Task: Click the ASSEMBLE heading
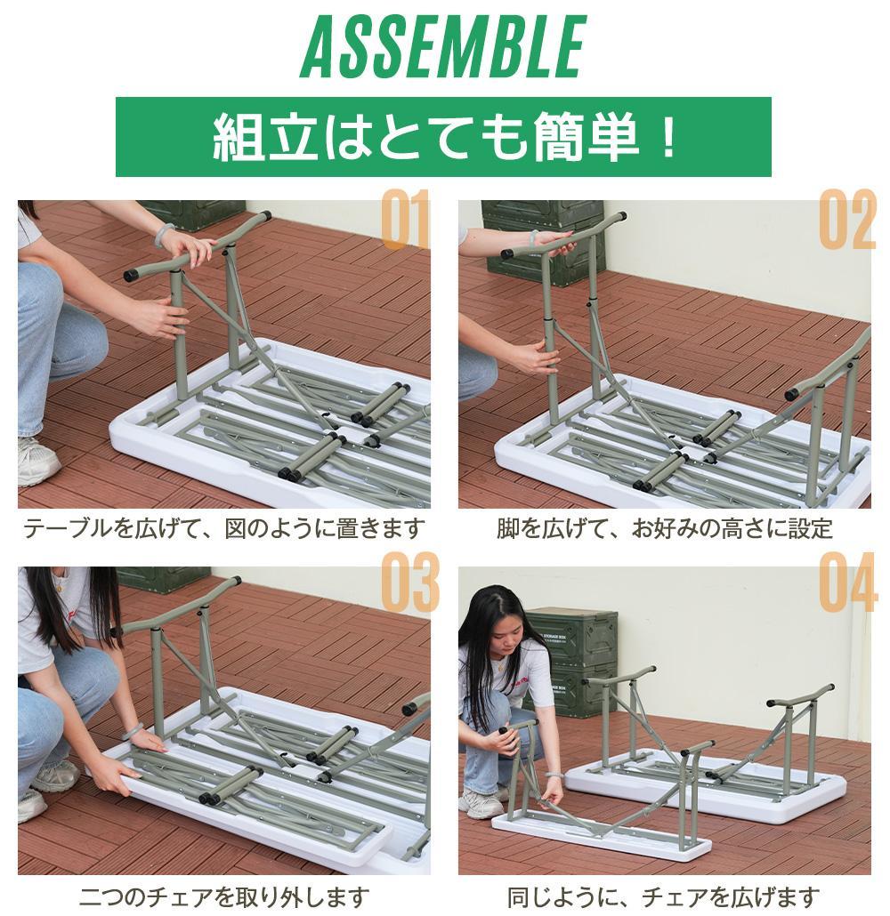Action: click(442, 47)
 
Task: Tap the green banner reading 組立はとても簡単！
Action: click(443, 137)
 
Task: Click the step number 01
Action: click(405, 220)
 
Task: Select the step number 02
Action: click(846, 220)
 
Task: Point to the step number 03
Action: click(409, 583)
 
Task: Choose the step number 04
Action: click(847, 583)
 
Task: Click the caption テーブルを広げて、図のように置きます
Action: click(223, 529)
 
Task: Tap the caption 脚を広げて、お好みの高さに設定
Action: click(664, 529)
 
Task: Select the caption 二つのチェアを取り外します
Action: click(223, 895)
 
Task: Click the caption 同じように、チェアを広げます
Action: click(664, 895)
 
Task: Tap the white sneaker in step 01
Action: click(36, 462)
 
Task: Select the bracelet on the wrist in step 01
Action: click(162, 236)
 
